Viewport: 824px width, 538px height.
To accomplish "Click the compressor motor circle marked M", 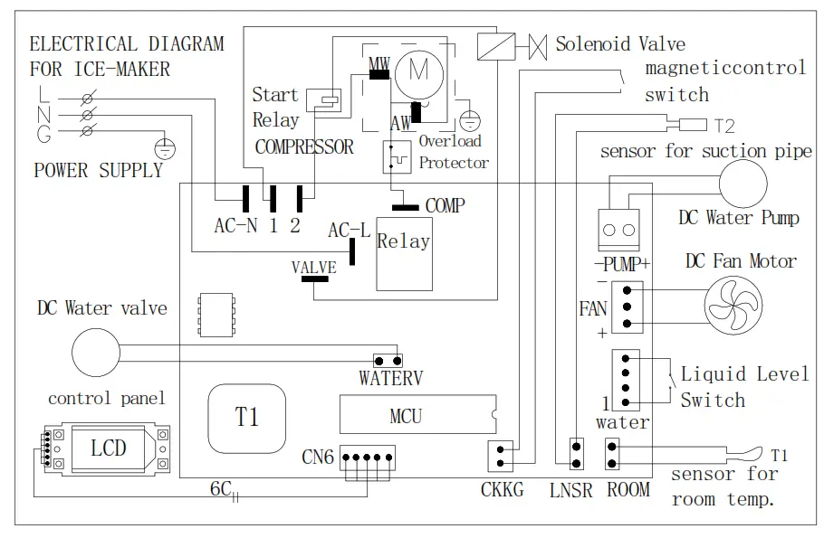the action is coord(419,75).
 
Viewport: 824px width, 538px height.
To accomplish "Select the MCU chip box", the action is coord(417,414).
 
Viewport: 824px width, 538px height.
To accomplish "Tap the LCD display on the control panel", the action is coord(109,448).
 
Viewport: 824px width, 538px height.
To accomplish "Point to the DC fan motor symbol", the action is coord(733,306).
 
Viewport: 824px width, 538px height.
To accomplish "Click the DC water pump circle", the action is coord(743,184).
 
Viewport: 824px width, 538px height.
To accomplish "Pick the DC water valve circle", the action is coord(96,353).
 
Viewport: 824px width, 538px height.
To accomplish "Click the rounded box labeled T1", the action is coord(247,419).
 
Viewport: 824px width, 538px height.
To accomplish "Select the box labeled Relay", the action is coord(404,254).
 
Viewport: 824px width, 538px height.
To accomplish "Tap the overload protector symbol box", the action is coord(397,156).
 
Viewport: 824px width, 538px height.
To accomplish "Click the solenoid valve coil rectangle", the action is coord(496,46).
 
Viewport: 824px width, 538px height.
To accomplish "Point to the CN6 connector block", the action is coord(368,458).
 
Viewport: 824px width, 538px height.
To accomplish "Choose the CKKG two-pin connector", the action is coord(500,456).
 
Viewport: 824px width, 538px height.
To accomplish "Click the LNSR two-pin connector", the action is coord(577,454).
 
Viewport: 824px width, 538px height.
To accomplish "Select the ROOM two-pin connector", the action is coord(612,454).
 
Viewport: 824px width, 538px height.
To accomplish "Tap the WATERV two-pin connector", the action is coord(388,361).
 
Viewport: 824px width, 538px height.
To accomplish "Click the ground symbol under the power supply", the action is coord(165,149).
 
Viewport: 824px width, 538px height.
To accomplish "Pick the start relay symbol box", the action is coord(324,100).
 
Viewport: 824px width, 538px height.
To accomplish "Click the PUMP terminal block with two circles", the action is coord(619,230).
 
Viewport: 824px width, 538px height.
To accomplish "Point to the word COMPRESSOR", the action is coord(304,147).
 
